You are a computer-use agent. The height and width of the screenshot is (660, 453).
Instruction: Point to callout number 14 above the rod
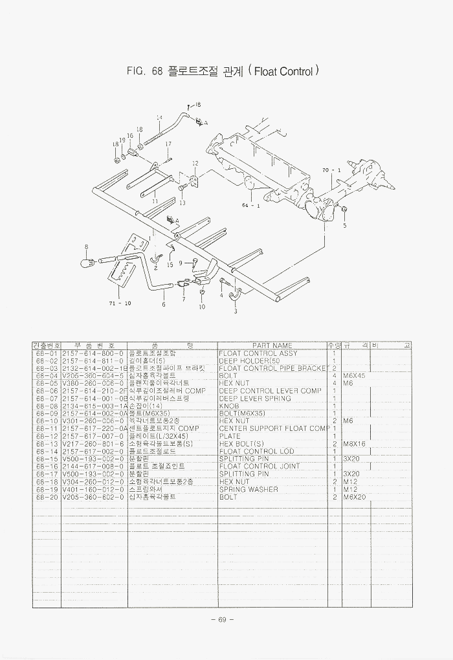click(159, 118)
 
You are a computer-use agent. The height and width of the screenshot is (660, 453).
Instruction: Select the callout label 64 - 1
click(251, 206)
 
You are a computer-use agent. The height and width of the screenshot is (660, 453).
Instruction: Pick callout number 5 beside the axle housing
click(345, 226)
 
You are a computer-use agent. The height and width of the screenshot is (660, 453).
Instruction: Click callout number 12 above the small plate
click(195, 163)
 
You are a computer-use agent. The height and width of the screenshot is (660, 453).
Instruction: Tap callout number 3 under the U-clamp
click(235, 311)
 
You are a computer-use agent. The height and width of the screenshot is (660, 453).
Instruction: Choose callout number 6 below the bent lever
click(164, 303)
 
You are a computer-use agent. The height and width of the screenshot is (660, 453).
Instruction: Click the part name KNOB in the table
click(229, 406)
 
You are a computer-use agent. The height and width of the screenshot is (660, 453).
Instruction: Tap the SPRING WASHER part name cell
click(249, 489)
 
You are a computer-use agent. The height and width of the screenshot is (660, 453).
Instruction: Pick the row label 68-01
click(47, 353)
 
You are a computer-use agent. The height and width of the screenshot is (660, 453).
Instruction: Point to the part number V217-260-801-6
click(93, 444)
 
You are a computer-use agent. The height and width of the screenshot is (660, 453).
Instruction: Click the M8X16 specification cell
click(355, 444)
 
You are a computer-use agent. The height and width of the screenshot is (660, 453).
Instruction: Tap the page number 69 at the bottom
click(221, 620)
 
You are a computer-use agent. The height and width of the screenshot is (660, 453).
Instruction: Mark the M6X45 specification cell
click(355, 375)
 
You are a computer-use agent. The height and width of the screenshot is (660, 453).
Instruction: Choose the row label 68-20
click(47, 497)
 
